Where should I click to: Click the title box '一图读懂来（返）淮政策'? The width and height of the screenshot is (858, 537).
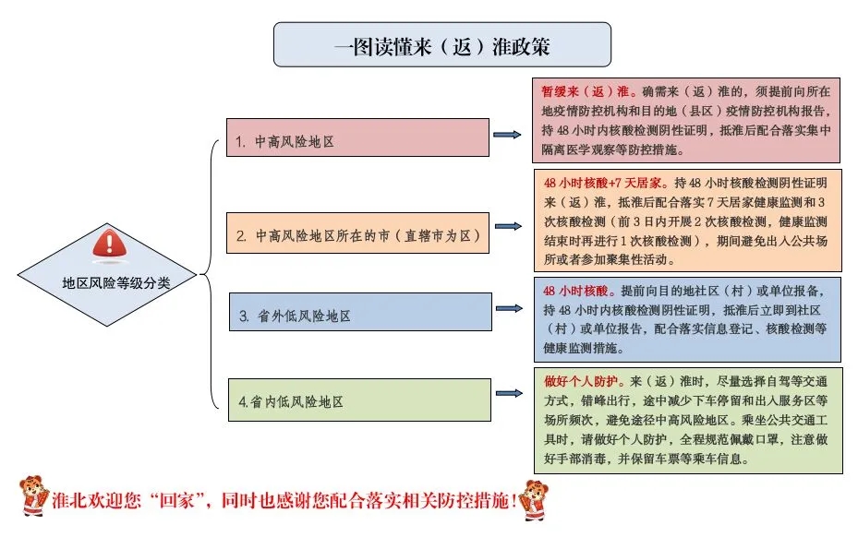[442, 45]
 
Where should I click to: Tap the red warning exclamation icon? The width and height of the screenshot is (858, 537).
[109, 244]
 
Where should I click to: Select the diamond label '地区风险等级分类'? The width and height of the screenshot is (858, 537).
[116, 282]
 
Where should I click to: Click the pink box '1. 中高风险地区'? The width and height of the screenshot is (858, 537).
[357, 137]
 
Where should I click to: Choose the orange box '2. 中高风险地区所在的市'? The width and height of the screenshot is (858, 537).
[357, 233]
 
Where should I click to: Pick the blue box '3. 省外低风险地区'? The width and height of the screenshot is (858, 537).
[360, 312]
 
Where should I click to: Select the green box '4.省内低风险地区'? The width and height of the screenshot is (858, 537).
[359, 400]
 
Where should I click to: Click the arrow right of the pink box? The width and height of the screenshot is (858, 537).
[507, 135]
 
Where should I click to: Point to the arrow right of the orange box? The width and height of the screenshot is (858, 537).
[508, 226]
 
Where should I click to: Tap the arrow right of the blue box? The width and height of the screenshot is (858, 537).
[509, 308]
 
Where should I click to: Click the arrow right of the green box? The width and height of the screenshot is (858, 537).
[509, 393]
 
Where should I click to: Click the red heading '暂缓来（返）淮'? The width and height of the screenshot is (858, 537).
[586, 91]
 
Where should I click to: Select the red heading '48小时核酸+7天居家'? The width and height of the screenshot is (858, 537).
[602, 183]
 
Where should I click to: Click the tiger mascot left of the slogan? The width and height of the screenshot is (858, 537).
[34, 495]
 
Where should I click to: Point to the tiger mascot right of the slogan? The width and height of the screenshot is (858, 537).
[534, 500]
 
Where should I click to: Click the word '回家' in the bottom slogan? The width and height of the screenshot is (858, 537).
[176, 500]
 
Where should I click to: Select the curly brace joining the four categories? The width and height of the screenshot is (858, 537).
[209, 274]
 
